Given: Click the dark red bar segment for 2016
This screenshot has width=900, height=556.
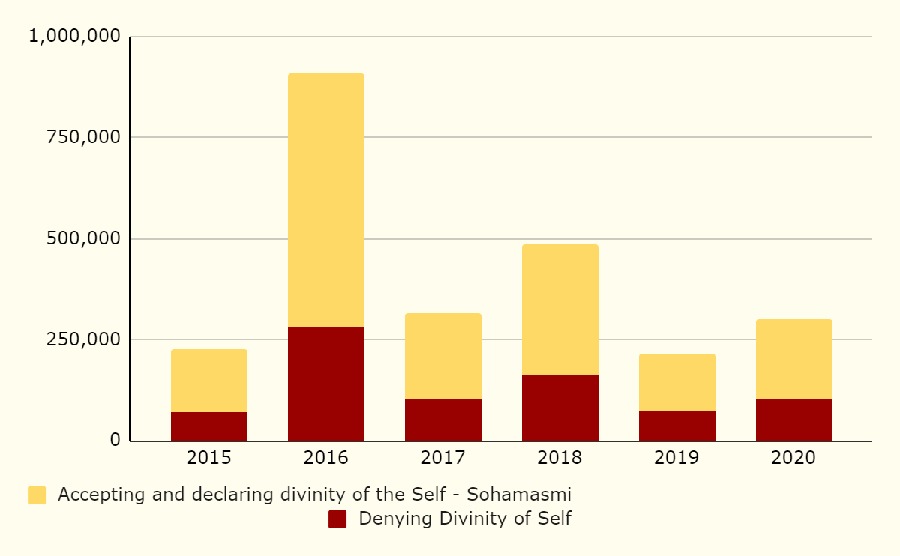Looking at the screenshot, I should pyautogui.click(x=326, y=384).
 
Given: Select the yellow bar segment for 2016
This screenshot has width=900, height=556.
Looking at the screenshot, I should pyautogui.click(x=326, y=200).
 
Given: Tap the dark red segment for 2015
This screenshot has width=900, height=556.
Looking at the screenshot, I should pyautogui.click(x=209, y=426).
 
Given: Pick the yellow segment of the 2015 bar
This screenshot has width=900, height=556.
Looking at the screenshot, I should pyautogui.click(x=209, y=381).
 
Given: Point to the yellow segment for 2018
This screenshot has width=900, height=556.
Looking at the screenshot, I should pyautogui.click(x=560, y=309).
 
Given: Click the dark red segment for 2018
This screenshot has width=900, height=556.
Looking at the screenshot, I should pyautogui.click(x=560, y=408).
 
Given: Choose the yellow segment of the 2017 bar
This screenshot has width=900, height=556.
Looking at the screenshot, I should pyautogui.click(x=443, y=356).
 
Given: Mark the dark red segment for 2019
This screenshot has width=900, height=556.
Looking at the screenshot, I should pyautogui.click(x=677, y=426).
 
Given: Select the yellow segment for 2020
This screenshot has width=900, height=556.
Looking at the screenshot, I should pyautogui.click(x=794, y=359).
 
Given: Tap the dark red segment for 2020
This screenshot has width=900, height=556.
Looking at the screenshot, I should pyautogui.click(x=794, y=420).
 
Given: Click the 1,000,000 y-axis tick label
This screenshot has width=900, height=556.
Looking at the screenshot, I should pyautogui.click(x=74, y=36).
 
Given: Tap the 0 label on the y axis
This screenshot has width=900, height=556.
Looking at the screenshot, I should pyautogui.click(x=115, y=440).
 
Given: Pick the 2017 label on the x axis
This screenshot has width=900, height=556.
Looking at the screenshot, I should pyautogui.click(x=443, y=458).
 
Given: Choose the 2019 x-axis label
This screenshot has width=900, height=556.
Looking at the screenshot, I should pyautogui.click(x=677, y=458).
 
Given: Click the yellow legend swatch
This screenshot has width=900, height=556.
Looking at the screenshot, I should pyautogui.click(x=37, y=495).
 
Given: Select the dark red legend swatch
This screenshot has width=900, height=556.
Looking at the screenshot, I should pyautogui.click(x=337, y=519).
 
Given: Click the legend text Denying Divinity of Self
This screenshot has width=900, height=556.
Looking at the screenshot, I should pyautogui.click(x=465, y=519).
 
